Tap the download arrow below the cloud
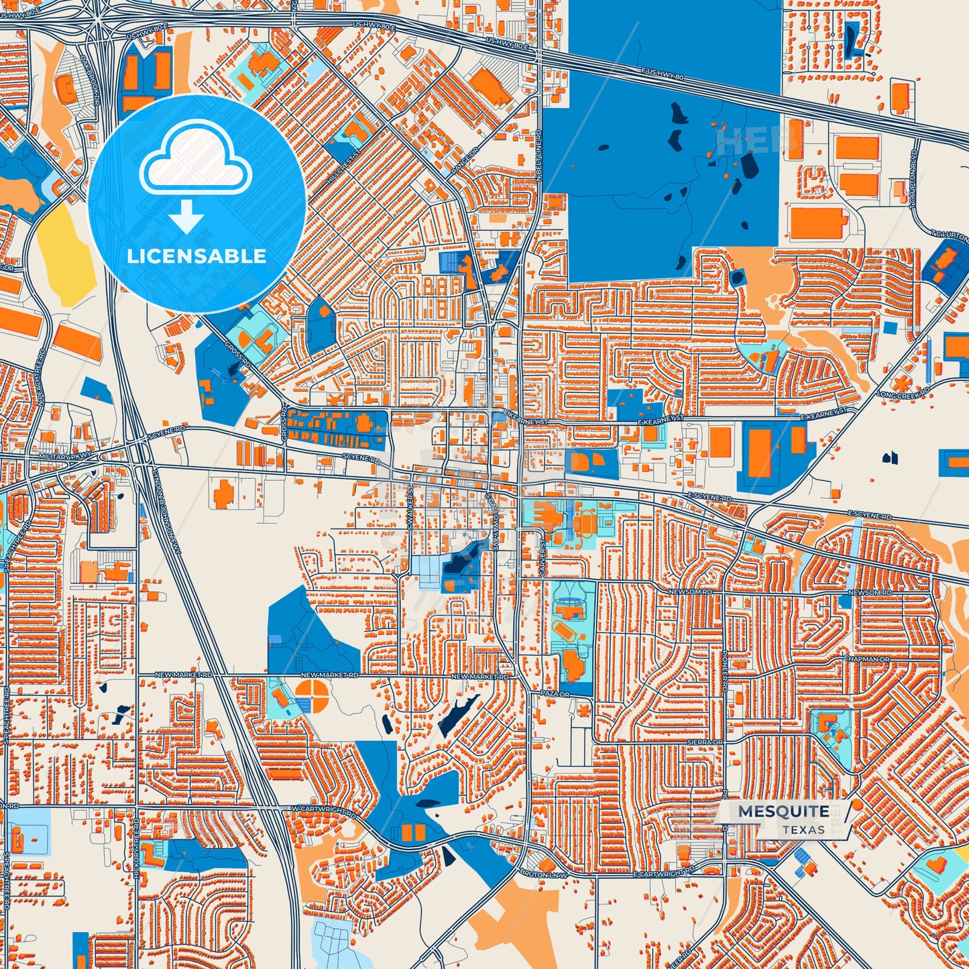[x=186, y=218]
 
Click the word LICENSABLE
[x=196, y=256]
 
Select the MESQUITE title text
[x=783, y=811]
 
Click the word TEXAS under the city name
[x=803, y=830]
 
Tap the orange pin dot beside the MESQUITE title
[x=856, y=804]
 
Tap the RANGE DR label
[x=463, y=162]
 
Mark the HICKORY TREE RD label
[x=137, y=848]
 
